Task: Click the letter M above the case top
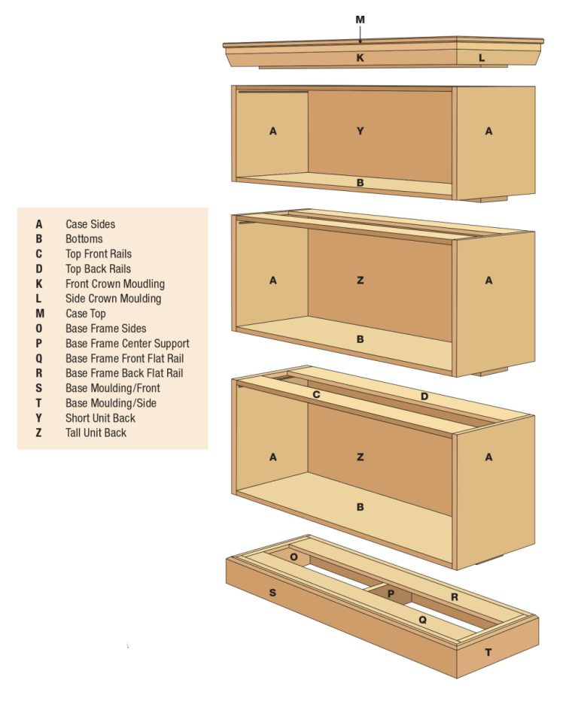360,20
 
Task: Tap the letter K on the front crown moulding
360,58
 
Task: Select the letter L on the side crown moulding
482,58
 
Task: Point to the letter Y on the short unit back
360,132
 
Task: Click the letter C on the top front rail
317,395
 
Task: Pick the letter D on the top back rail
424,396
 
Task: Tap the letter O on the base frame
294,557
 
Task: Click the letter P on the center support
391,593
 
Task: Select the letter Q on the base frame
422,621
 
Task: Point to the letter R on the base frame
454,596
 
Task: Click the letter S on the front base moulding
272,593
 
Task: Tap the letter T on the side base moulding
488,652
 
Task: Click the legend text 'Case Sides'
90,224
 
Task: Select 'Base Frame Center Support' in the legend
127,344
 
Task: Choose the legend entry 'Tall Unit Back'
96,433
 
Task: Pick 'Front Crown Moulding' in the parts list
114,284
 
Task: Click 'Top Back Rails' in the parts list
98,269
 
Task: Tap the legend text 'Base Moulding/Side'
111,403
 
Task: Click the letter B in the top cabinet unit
360,183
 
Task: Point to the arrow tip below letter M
360,43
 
